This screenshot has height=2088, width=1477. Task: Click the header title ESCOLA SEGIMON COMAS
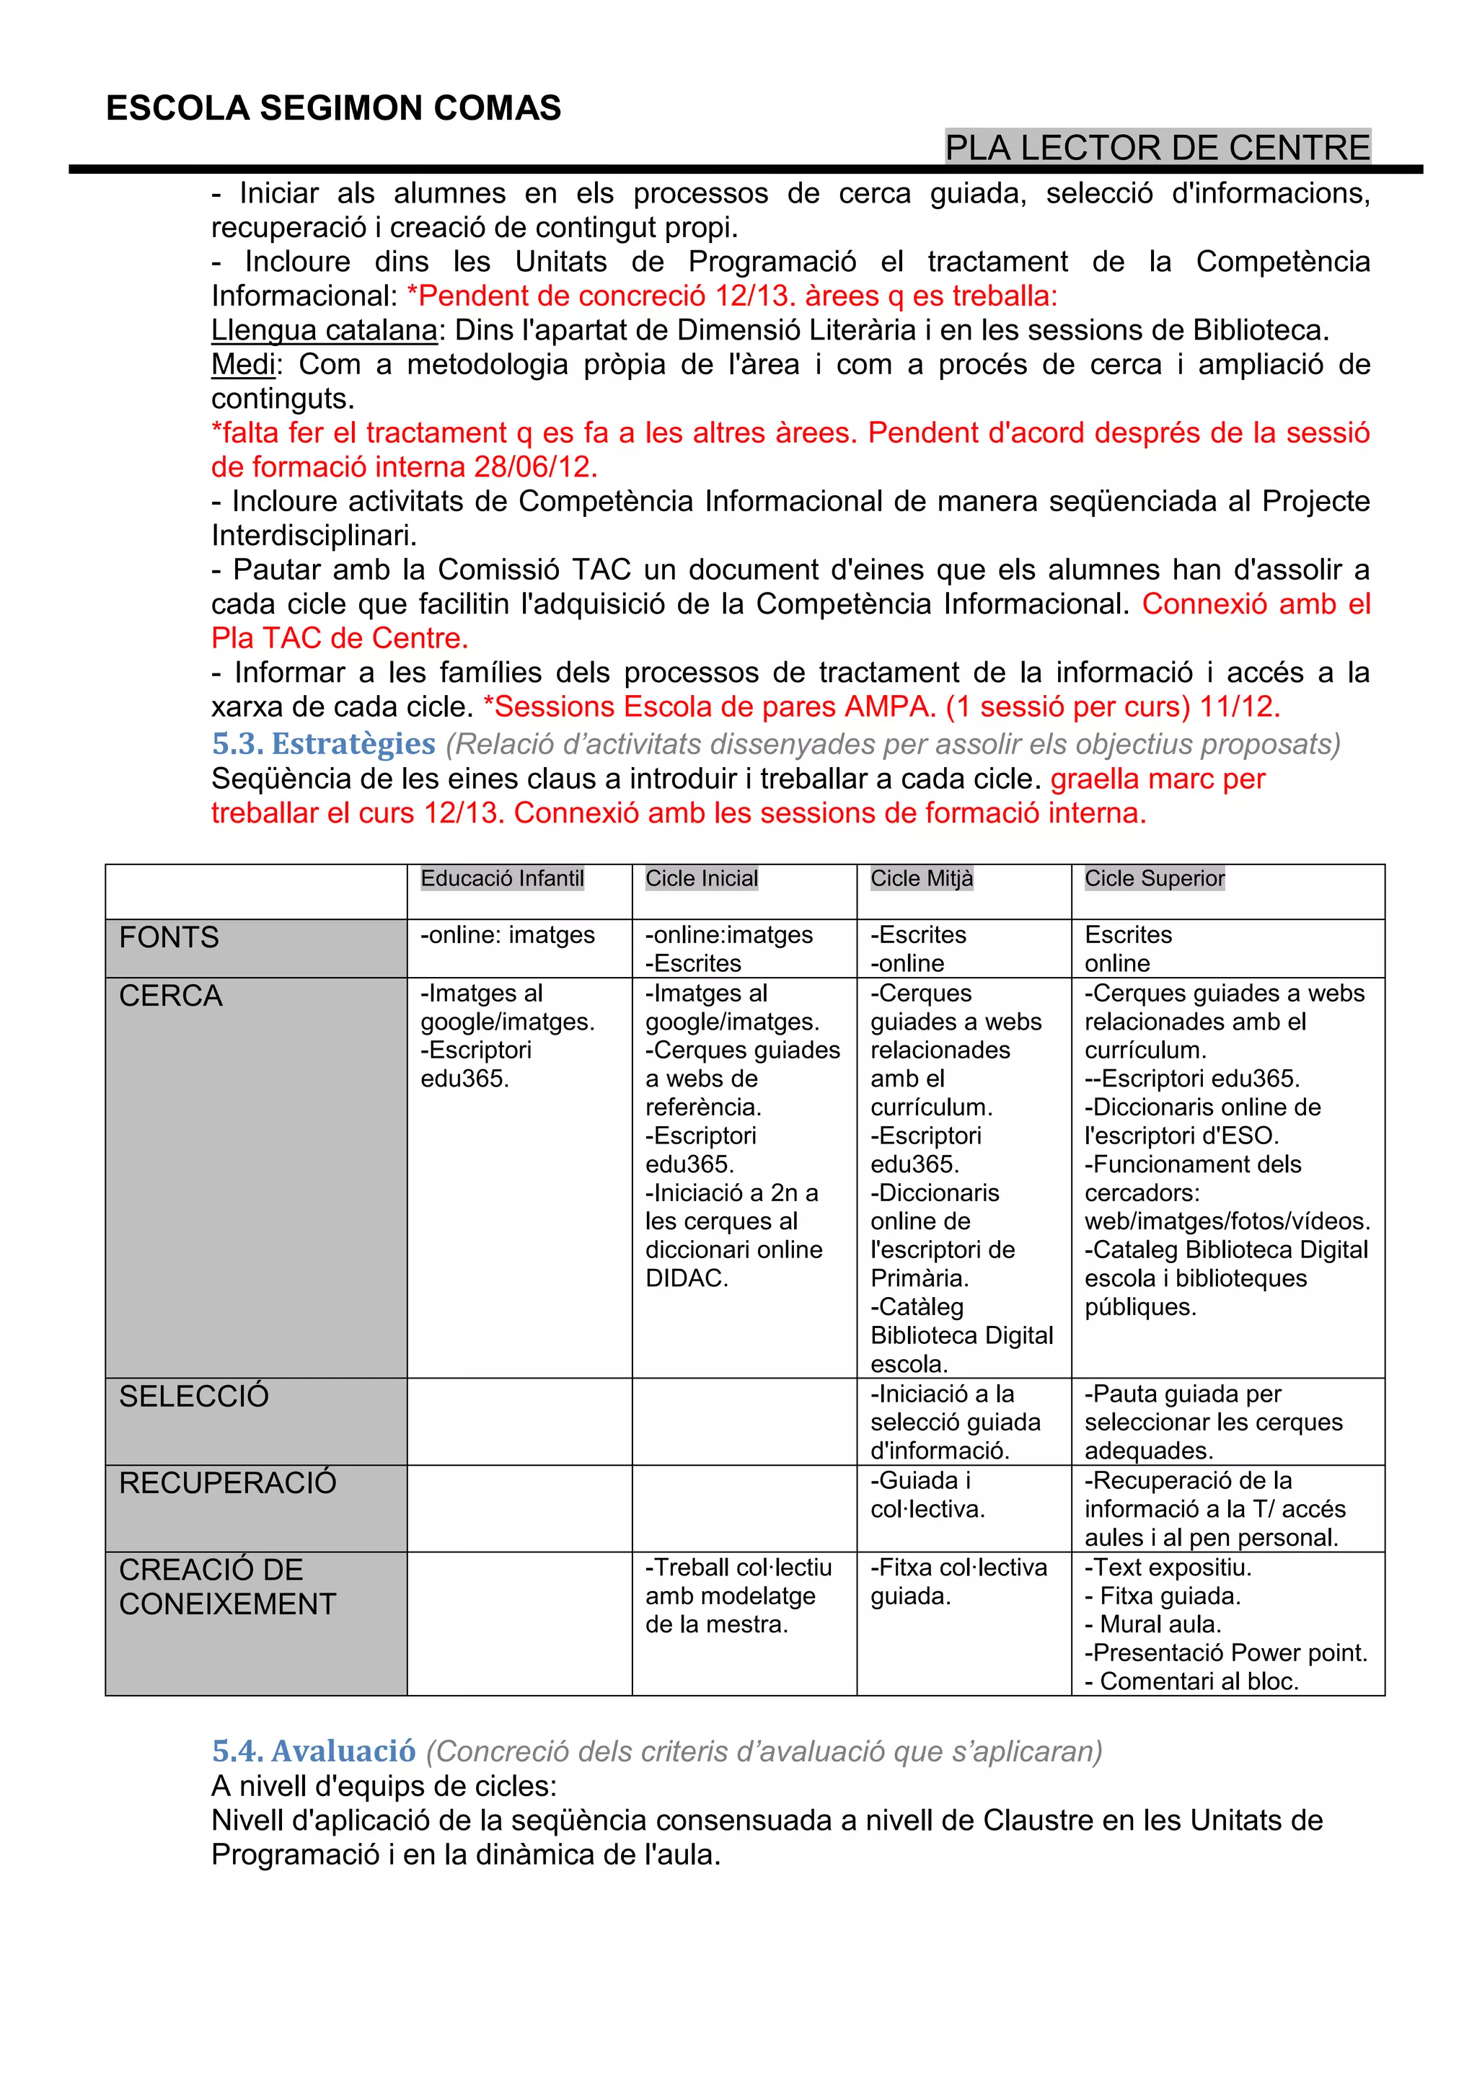pos(333,108)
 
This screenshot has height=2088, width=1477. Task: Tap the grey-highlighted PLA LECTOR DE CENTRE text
pos(1157,147)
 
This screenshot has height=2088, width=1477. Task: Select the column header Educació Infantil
pos(502,878)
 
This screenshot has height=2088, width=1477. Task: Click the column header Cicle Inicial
pos(701,878)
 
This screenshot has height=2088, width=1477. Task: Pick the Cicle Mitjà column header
pos(921,878)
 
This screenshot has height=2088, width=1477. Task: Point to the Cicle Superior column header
pos(1154,878)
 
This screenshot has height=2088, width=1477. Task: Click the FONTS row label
pos(169,937)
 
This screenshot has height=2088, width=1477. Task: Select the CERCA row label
pos(171,996)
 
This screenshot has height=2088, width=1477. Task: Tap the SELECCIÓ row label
pos(194,1396)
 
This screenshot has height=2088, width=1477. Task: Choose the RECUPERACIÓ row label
pos(227,1483)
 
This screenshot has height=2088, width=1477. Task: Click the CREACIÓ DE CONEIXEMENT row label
pos(227,1587)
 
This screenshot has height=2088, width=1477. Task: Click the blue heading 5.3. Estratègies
pos(324,744)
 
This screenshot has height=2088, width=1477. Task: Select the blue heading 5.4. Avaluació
pos(314,1751)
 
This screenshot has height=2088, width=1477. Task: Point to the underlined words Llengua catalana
pos(325,330)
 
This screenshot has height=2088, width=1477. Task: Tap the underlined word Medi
pos(243,365)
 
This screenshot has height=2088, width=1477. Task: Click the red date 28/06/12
pos(535,467)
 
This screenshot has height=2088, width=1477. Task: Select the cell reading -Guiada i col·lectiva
pos(927,1495)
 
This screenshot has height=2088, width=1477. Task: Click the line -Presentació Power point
pos(1226,1653)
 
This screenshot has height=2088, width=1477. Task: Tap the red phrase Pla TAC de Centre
pos(339,638)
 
